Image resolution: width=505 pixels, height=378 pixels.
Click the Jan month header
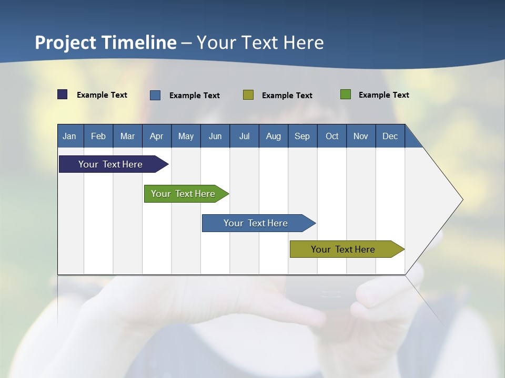[x=70, y=136]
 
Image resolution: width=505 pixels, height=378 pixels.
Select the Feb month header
[x=98, y=136]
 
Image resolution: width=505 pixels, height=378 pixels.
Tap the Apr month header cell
[x=157, y=136]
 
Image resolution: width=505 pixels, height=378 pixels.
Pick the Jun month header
[x=215, y=136]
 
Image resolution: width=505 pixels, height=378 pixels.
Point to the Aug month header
[x=274, y=136]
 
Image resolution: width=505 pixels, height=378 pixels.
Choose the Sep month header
[x=302, y=136]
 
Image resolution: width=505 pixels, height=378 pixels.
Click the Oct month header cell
[x=332, y=136]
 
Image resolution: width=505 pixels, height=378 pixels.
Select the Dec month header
[x=390, y=136]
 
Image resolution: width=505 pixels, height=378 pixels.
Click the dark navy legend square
[x=63, y=94]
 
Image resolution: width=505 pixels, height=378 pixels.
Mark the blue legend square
[x=155, y=95]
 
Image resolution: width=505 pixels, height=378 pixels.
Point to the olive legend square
[x=248, y=95]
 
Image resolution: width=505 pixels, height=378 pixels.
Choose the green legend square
[x=346, y=94]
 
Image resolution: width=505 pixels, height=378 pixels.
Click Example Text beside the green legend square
[x=383, y=95]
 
